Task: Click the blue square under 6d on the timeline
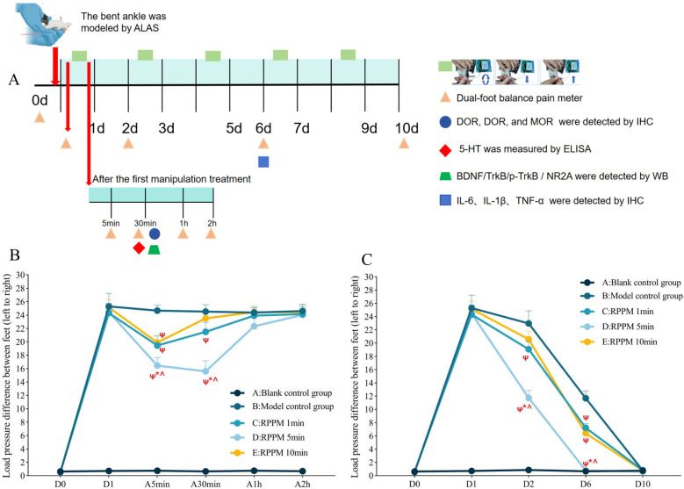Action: [263, 161]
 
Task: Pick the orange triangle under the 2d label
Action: [129, 143]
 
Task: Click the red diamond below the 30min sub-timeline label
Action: [138, 248]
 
